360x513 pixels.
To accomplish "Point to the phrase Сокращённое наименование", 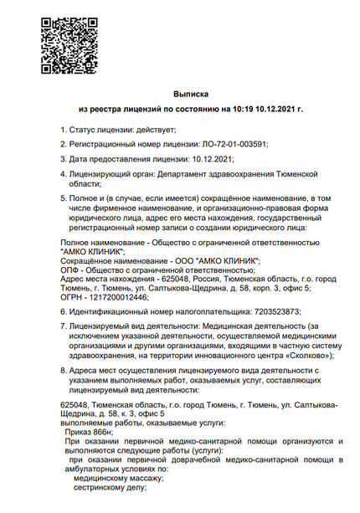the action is [x=89, y=260].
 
